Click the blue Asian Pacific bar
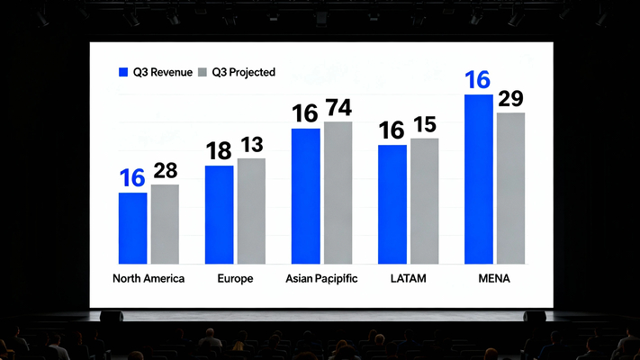click(305, 195)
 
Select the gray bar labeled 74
click(338, 192)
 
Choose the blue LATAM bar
click(392, 203)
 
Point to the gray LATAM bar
click(424, 200)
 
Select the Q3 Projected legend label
click(243, 72)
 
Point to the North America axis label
click(149, 279)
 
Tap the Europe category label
click(235, 279)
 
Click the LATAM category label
click(408, 279)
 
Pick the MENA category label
click(494, 279)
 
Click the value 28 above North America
click(165, 171)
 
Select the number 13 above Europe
click(251, 145)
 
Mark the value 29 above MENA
click(510, 99)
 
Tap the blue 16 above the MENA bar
click(478, 80)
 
